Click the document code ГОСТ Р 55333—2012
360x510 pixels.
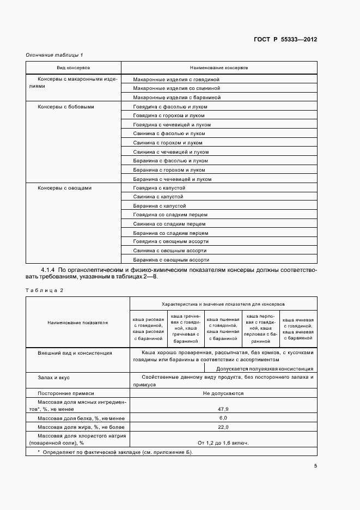pos(285,40)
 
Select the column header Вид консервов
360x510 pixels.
pos(74,68)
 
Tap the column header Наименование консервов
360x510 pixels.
pos(218,68)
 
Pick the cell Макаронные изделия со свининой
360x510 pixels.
pos(176,88)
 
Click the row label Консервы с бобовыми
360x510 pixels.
pos(65,107)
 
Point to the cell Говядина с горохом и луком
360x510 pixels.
pos(169,116)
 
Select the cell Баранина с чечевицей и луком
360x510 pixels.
pos(172,179)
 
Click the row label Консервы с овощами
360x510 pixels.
pos(64,188)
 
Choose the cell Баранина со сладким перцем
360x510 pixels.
pos(169,233)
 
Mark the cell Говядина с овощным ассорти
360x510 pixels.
pos(170,241)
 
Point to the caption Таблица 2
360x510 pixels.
pos(45,290)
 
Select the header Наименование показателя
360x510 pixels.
pos(78,323)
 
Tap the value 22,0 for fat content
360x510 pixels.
pos(223,428)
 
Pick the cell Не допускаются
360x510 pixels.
pos(223,393)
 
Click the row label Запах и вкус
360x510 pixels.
pos(53,377)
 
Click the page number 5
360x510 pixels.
pos(315,466)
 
